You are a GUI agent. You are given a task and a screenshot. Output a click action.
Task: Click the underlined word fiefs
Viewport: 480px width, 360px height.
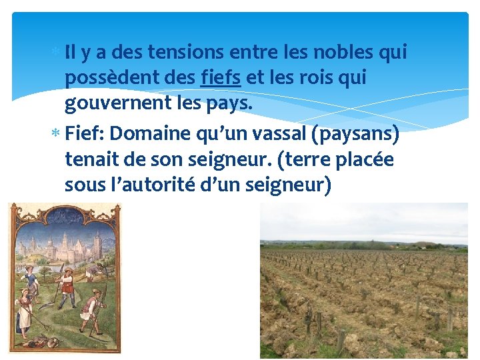(221, 78)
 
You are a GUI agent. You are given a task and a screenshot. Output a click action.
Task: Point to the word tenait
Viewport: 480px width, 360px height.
(93, 160)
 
